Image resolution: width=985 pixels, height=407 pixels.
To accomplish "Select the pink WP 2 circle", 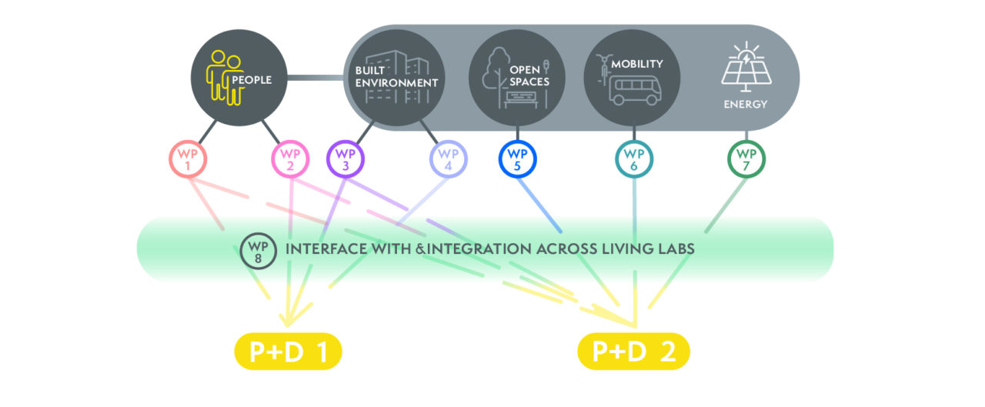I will [290, 160].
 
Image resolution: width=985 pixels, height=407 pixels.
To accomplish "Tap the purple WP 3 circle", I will [345, 160].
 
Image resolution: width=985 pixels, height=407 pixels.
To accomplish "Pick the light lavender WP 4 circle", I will [448, 160].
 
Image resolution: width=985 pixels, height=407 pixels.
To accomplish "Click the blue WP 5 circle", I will [517, 160].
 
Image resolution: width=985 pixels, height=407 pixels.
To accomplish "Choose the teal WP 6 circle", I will [634, 160].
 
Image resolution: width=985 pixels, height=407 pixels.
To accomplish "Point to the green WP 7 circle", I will [746, 160].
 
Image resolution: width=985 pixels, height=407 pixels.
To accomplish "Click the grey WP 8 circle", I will [257, 249].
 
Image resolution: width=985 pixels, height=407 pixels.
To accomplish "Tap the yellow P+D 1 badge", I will [288, 352].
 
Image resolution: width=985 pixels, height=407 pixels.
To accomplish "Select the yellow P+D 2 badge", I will [633, 352].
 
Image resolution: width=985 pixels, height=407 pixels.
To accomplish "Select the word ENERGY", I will [745, 104].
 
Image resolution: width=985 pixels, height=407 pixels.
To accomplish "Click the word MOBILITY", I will [636, 64].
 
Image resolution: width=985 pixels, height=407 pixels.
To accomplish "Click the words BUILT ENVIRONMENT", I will [396, 76].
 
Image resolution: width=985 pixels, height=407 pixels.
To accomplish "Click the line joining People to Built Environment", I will [316, 77].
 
